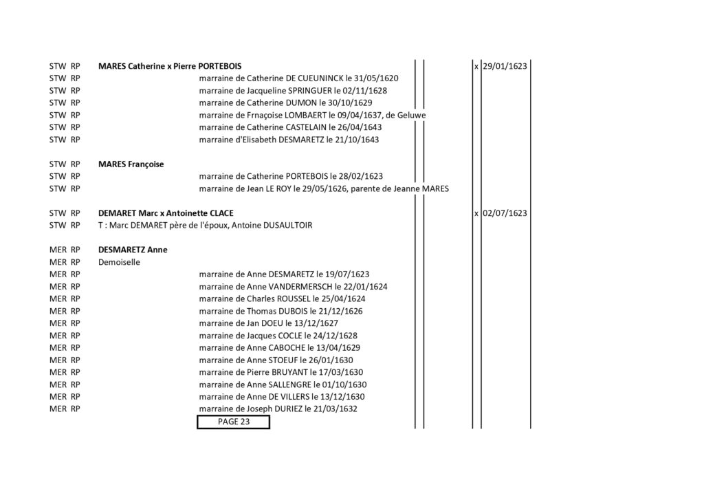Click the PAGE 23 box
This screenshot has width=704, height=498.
pyautogui.click(x=234, y=422)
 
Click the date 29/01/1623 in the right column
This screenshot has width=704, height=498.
pyautogui.click(x=505, y=66)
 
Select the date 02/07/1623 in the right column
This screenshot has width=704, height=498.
pyautogui.click(x=505, y=213)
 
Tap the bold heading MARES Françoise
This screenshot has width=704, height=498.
pyautogui.click(x=131, y=164)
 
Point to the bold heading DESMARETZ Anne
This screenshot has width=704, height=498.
pyautogui.click(x=133, y=250)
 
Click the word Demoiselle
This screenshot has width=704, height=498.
pyautogui.click(x=119, y=262)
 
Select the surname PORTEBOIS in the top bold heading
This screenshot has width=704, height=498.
pyautogui.click(x=220, y=66)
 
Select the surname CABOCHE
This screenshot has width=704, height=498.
pyautogui.click(x=287, y=347)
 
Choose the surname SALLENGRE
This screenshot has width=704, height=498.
pyautogui.click(x=290, y=385)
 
